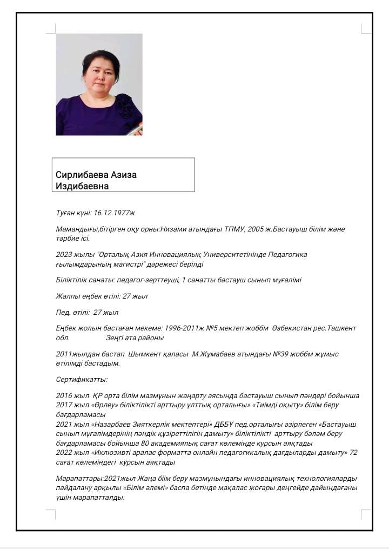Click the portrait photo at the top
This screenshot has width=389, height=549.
point(99,84)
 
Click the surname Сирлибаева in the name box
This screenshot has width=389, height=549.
point(79,175)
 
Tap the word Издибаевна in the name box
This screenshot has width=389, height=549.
point(82,186)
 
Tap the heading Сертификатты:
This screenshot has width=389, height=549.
point(82,380)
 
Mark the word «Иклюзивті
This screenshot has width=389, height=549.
point(117,453)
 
